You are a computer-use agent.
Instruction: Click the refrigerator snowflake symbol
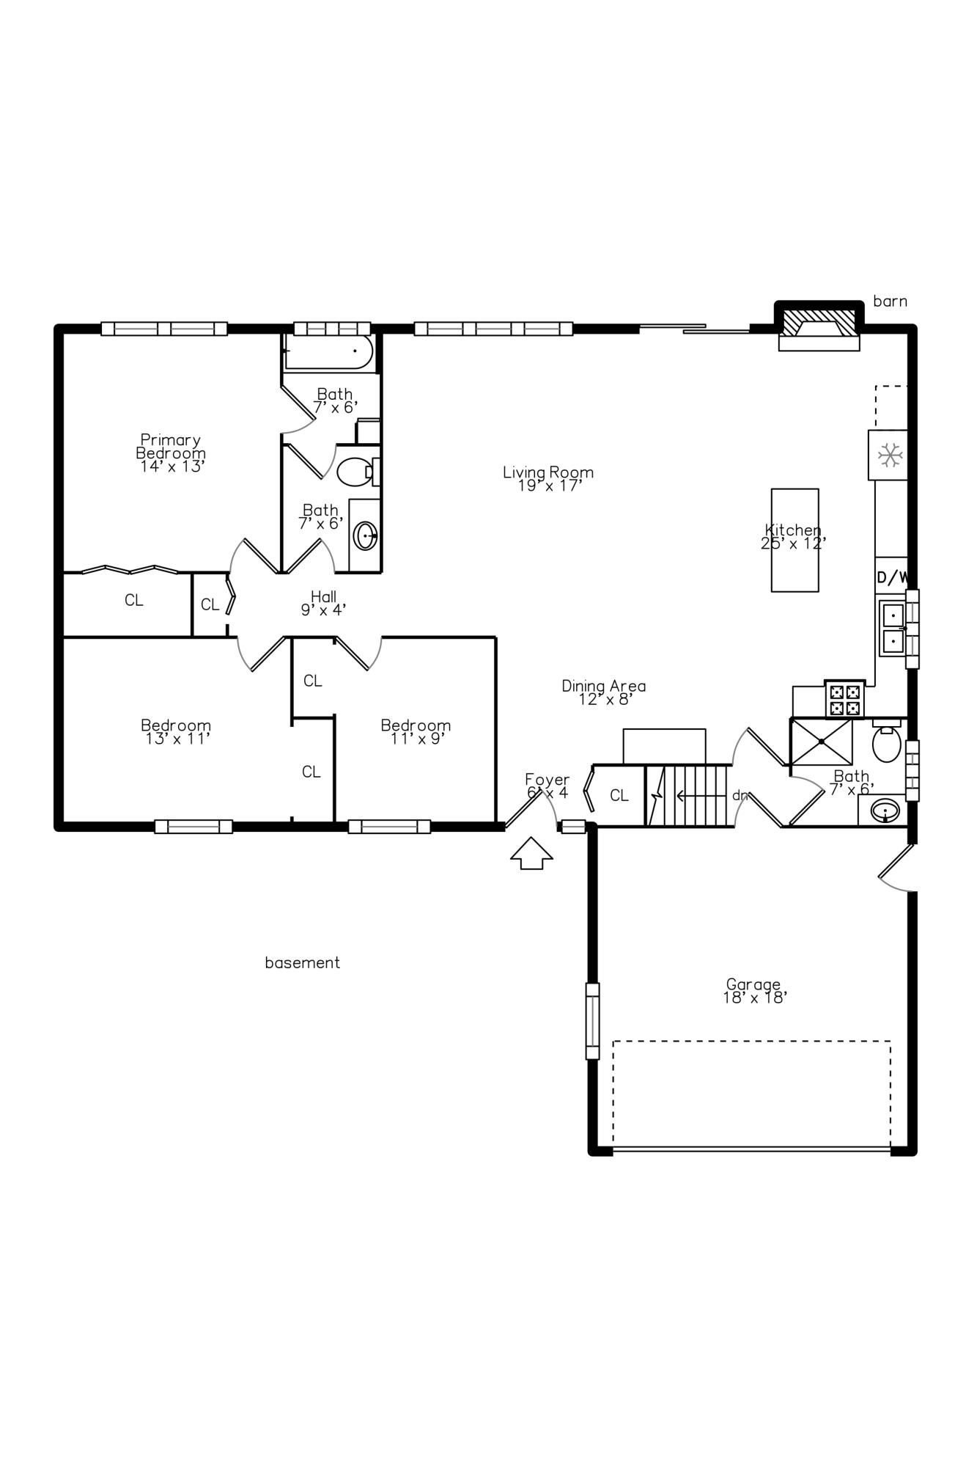[x=889, y=455]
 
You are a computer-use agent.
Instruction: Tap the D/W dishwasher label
[x=892, y=577]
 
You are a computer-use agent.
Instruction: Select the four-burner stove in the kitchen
[x=845, y=699]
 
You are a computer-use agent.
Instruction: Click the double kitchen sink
[x=893, y=627]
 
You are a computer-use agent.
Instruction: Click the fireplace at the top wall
[x=819, y=325]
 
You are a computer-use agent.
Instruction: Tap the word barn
[x=890, y=301]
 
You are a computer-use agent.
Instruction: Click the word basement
[x=302, y=962]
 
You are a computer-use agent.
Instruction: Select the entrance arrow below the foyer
[x=531, y=854]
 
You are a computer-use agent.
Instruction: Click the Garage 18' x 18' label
[x=754, y=990]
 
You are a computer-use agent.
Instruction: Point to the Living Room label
[x=548, y=478]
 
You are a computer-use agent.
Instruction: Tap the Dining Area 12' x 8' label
[x=603, y=692]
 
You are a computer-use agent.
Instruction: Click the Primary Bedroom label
[x=171, y=453]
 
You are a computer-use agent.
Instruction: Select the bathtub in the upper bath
[x=329, y=353]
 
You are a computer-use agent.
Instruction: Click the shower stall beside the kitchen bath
[x=821, y=742]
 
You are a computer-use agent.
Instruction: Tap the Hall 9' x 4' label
[x=323, y=602]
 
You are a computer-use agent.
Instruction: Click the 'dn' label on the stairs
[x=740, y=795]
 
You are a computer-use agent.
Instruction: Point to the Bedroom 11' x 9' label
[x=416, y=731]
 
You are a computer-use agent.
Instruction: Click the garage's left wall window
[x=592, y=1021]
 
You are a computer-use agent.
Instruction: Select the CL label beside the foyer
[x=619, y=795]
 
